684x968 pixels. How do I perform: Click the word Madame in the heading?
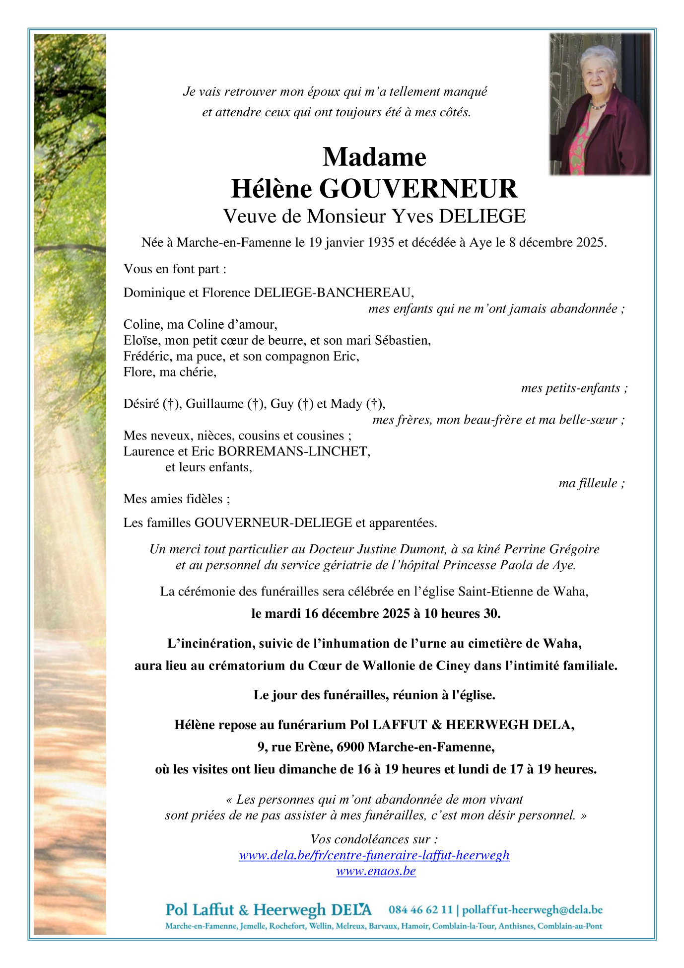[x=374, y=157]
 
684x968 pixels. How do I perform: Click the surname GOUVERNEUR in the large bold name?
[x=418, y=189]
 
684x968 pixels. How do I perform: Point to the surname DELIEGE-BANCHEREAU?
[x=333, y=293]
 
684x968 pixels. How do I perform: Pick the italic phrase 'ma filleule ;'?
[x=591, y=483]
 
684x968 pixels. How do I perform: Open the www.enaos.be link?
[x=376, y=871]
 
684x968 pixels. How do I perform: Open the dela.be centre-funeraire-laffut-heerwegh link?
[x=374, y=855]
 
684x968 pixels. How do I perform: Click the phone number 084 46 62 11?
[x=420, y=910]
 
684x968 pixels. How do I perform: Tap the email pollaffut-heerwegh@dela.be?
[x=532, y=910]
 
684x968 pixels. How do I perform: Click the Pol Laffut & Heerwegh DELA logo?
[x=268, y=910]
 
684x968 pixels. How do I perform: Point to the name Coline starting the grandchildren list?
[x=140, y=324]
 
